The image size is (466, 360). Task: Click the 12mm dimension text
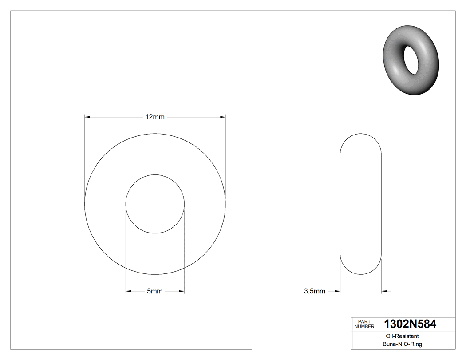155,117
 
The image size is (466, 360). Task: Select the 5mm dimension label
155,291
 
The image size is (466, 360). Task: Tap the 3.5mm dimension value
314,291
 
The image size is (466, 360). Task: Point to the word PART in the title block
363,322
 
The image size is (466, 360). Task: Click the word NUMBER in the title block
364,327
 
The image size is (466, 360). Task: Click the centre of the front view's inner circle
155,204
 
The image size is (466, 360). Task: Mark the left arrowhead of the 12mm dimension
87,117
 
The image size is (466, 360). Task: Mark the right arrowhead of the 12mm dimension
223,117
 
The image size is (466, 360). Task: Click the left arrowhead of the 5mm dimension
129,291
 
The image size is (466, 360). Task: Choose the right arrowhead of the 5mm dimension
182,291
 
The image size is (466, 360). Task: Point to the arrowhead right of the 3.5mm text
337,291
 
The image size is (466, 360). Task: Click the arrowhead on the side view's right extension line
385,291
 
